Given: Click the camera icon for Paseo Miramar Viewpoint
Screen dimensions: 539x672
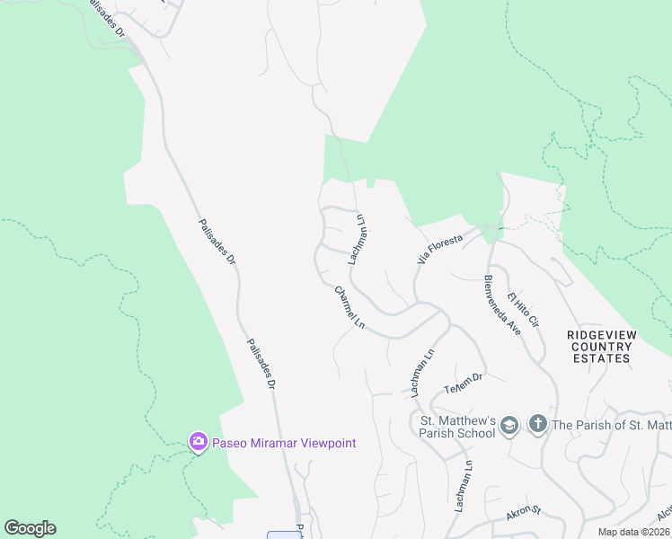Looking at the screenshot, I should tap(198, 441).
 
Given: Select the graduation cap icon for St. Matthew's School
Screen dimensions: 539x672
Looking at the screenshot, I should tap(508, 424).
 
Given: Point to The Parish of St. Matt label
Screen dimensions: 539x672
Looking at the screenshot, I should tap(611, 424).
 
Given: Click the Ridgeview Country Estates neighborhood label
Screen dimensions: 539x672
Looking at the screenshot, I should tap(602, 347).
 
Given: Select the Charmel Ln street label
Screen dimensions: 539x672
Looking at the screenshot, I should tap(350, 306).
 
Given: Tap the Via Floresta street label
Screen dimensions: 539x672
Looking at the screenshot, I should tap(439, 248).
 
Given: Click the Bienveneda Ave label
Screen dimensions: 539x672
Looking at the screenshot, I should tap(502, 305).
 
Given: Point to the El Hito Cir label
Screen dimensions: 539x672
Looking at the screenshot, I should tap(522, 309).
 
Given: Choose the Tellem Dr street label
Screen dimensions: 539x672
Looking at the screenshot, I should tap(463, 383).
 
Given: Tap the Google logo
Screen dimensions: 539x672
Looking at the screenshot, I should tap(30, 528).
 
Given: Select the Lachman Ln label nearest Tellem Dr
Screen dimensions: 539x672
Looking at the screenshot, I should tap(423, 373).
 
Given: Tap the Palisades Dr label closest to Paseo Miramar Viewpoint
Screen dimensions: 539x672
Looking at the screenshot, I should tap(261, 363).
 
